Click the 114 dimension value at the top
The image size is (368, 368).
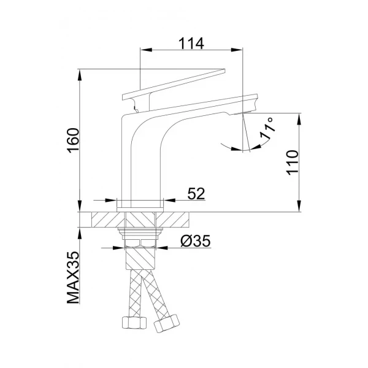click(x=191, y=43)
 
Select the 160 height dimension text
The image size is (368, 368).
click(x=72, y=142)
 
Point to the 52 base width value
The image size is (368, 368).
click(x=196, y=193)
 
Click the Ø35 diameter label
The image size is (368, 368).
click(x=196, y=241)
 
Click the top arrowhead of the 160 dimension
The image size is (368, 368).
click(x=81, y=74)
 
